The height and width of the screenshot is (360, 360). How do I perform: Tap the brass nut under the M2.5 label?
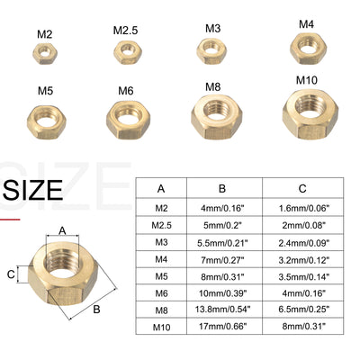tap(125, 52)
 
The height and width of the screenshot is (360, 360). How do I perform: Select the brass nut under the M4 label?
tap(306, 47)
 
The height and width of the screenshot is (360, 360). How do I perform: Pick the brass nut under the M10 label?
tap(308, 113)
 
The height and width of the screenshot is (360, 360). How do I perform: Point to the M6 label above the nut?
tap(126, 91)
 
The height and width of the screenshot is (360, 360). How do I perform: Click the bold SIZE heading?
tap(32, 191)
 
